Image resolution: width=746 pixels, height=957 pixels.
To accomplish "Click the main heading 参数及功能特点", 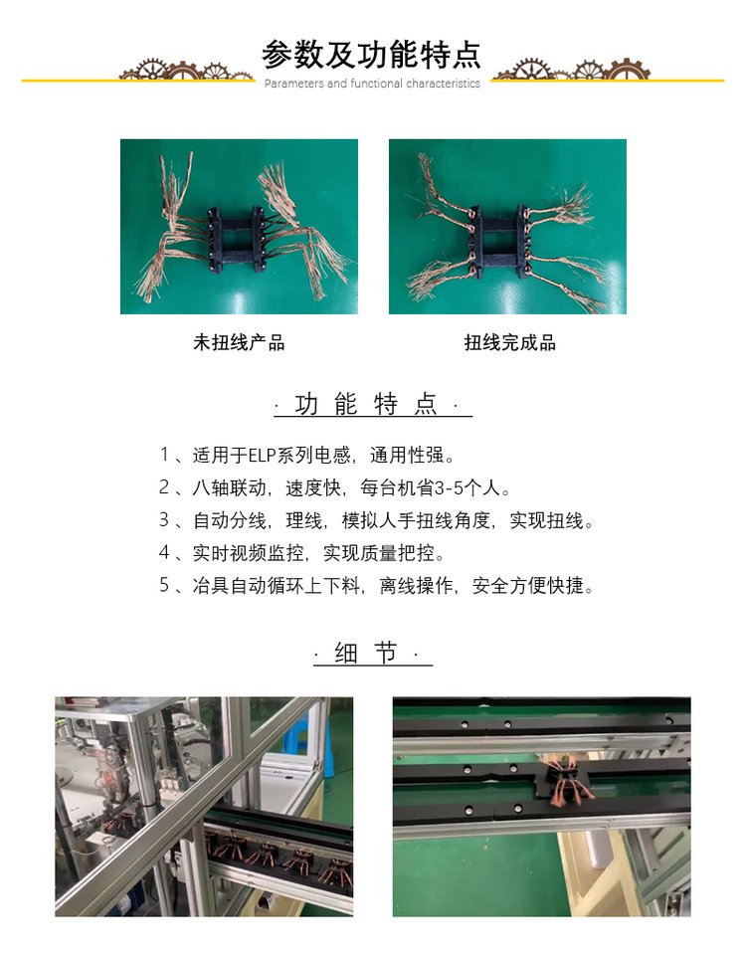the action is tap(372, 55).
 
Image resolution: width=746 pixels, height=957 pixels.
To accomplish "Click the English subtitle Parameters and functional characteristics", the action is tap(372, 84).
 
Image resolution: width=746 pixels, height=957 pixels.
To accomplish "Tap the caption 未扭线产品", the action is tap(239, 342).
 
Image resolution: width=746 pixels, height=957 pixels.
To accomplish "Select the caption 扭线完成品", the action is tap(509, 342).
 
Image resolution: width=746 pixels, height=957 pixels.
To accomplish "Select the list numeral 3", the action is tap(164, 520).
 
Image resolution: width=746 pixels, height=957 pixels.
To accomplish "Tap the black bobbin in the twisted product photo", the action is tap(500, 241).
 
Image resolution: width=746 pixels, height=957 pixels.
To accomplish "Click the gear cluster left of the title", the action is tap(187, 70).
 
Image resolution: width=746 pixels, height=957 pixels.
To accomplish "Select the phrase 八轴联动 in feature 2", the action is tap(230, 487).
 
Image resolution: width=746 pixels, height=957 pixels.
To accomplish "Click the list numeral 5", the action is tap(164, 586).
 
